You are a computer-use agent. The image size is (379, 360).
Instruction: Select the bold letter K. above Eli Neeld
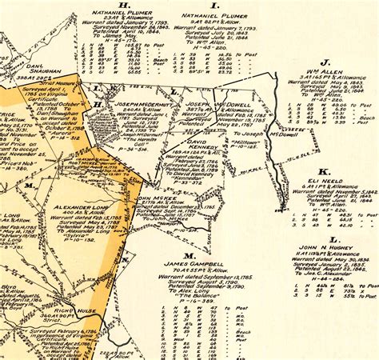323,171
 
